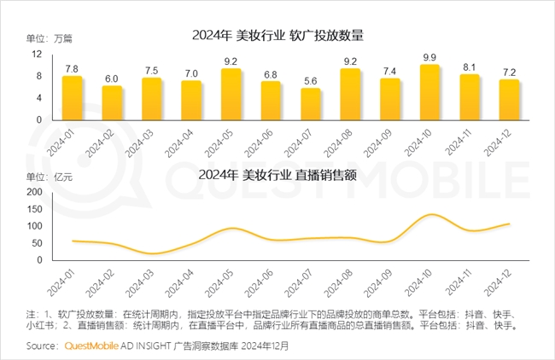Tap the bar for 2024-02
pyautogui.click(x=112, y=103)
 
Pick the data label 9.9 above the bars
pyautogui.click(x=429, y=57)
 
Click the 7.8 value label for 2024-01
pyautogui.click(x=72, y=69)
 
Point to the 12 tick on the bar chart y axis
pyautogui.click(x=37, y=54)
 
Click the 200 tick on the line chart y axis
pyautogui.click(x=33, y=192)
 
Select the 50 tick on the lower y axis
pyautogui.click(x=36, y=244)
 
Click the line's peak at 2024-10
pyautogui.click(x=430, y=214)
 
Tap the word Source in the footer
pyautogui.click(x=43, y=346)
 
